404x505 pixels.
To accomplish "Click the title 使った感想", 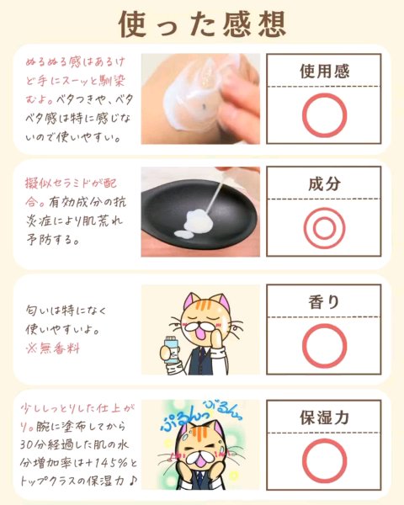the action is coord(202,24).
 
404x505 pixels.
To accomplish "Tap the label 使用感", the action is coord(324,71).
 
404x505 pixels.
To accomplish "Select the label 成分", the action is coord(324,183).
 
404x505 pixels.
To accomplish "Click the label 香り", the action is coord(324,302).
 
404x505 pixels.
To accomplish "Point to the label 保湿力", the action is coord(324,417).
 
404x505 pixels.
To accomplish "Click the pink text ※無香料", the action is coord(53,348).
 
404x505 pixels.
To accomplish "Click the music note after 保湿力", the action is coord(132,481).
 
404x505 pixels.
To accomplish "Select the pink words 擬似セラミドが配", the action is coord(71,183).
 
